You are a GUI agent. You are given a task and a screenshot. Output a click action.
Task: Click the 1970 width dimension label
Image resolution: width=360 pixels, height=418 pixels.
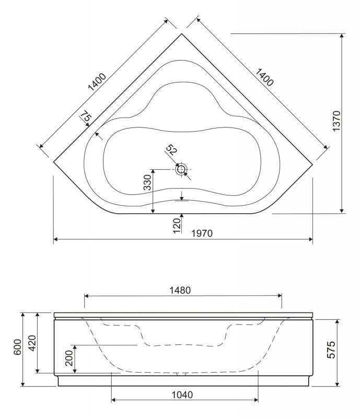[x=202, y=233]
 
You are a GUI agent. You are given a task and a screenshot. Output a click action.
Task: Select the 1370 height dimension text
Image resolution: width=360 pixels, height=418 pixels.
[x=336, y=121]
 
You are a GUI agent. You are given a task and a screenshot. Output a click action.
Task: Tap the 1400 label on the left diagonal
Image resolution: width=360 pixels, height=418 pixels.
[x=97, y=82]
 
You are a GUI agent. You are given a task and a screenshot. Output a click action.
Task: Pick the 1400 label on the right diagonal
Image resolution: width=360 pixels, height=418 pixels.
[x=264, y=77]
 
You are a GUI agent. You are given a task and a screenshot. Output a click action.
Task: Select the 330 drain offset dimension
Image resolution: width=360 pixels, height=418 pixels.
[x=147, y=182]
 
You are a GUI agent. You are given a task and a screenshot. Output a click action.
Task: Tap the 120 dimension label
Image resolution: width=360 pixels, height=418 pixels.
[x=177, y=226]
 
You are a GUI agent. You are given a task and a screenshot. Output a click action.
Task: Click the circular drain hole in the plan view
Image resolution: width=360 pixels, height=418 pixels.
[x=181, y=169]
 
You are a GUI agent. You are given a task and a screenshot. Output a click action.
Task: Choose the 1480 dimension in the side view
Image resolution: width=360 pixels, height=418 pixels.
[x=180, y=291]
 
